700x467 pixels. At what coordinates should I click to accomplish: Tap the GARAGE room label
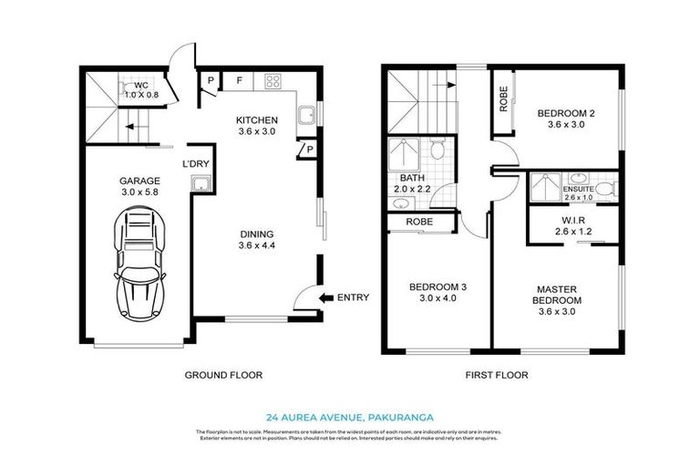click(x=139, y=181)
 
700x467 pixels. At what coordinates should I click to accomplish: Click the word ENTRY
click(x=353, y=297)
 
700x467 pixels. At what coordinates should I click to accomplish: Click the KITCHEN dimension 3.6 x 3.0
click(x=257, y=132)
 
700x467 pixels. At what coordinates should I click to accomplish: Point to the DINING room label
click(x=257, y=233)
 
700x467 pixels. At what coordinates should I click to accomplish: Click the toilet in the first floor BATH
click(x=437, y=150)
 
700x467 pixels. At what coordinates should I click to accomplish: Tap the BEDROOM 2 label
click(x=565, y=114)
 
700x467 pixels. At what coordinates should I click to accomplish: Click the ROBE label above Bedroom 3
click(x=419, y=222)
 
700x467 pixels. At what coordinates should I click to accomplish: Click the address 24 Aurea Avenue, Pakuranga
click(x=349, y=411)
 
